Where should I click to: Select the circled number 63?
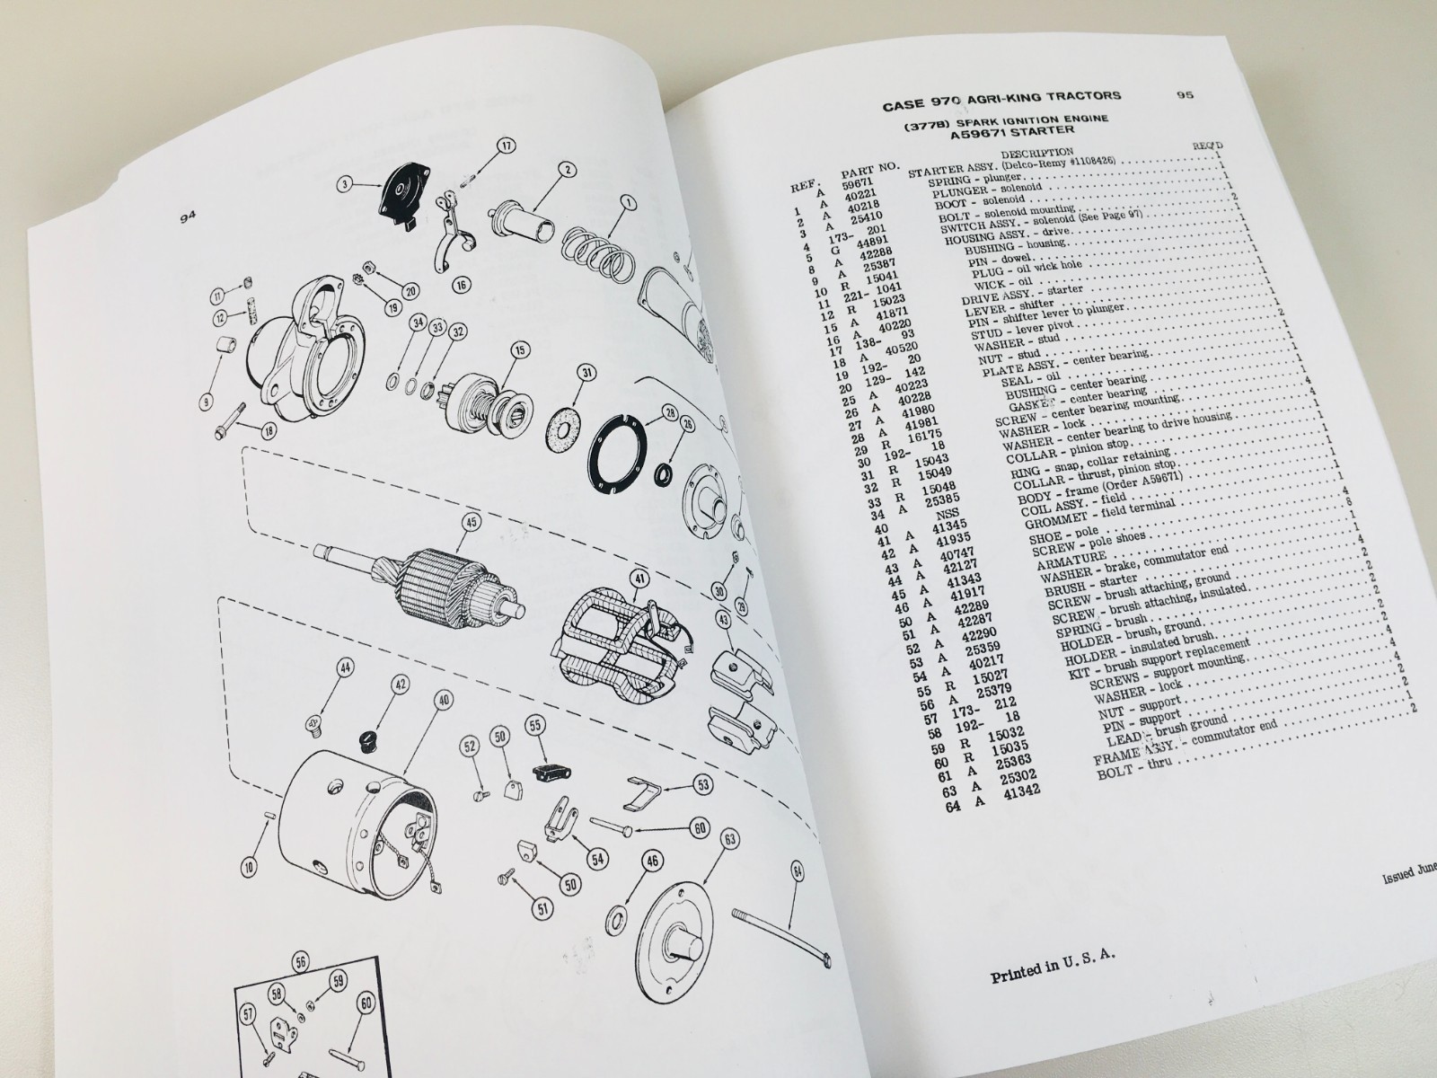[729, 841]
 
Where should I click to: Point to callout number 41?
[639, 579]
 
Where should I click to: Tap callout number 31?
[586, 373]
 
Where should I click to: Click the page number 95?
[1184, 97]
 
